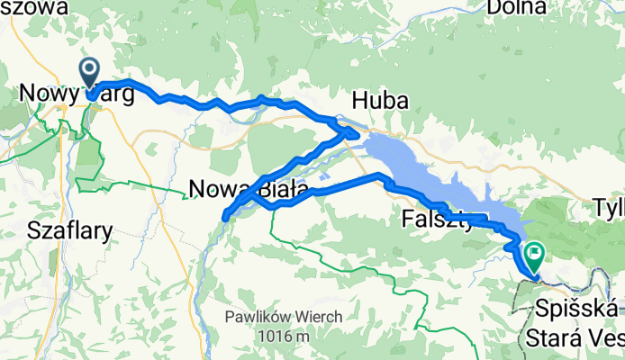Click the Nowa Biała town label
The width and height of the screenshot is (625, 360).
tap(249, 188)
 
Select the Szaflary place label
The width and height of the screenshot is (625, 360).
tap(71, 230)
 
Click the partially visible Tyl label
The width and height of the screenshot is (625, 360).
tap(609, 210)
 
